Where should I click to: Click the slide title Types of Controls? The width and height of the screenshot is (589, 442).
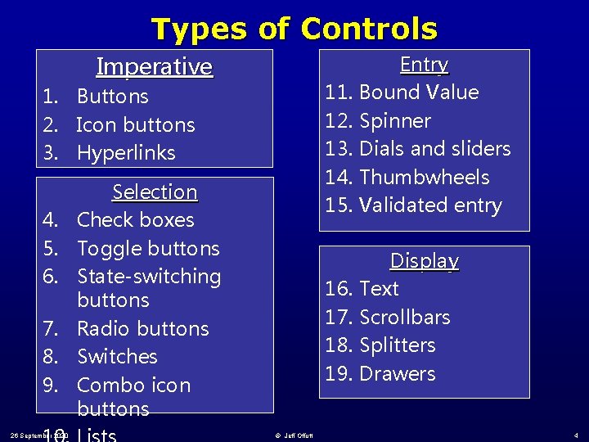click(294, 29)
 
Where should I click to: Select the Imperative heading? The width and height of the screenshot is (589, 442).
click(154, 66)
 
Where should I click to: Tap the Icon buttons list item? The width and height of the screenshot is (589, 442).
click(135, 124)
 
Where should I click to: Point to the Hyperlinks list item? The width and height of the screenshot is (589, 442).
click(126, 152)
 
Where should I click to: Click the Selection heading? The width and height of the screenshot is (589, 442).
click(155, 192)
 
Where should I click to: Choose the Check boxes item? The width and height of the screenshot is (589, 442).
click(135, 220)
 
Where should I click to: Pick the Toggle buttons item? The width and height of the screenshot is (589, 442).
click(148, 248)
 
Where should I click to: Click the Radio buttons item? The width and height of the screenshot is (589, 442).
click(142, 328)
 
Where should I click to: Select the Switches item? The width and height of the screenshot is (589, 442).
click(117, 356)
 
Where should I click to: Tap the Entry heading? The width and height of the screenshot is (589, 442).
click(424, 65)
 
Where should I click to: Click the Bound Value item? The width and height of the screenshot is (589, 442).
click(418, 92)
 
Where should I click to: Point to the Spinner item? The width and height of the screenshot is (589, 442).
click(394, 120)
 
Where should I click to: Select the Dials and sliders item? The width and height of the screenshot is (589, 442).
click(434, 148)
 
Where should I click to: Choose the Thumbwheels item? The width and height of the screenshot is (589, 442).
click(424, 177)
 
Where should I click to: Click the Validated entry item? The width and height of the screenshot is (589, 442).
click(429, 205)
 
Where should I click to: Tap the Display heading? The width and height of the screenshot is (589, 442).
click(424, 261)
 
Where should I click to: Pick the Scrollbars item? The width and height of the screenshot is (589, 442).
click(404, 317)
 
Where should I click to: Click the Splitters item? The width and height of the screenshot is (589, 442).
click(397, 345)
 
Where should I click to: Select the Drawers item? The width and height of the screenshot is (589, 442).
click(397, 373)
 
